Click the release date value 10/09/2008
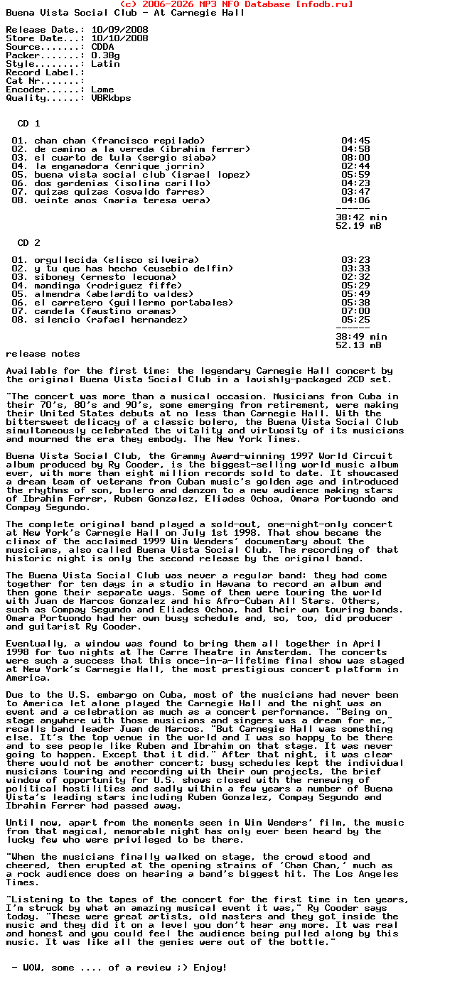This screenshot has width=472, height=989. click(x=119, y=30)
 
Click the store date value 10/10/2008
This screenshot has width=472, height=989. click(x=119, y=38)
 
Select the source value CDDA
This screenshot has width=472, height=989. click(x=102, y=47)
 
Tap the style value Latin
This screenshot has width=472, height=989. click(x=105, y=64)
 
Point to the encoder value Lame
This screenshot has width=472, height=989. click(x=102, y=90)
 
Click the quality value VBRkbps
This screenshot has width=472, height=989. click(x=111, y=98)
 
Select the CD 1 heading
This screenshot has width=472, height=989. click(x=28, y=124)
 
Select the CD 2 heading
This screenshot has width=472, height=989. click(x=28, y=243)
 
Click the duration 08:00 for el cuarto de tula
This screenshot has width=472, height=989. click(x=355, y=158)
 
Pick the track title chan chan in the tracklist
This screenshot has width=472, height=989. click(x=60, y=141)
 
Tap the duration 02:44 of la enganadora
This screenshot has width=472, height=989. click(x=355, y=166)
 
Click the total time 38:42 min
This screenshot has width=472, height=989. click(x=361, y=217)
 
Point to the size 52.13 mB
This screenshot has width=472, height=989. click(x=358, y=345)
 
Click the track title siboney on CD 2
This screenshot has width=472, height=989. click(x=54, y=277)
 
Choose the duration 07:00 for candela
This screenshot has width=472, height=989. click(x=355, y=311)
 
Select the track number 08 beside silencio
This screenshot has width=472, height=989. click(x=20, y=320)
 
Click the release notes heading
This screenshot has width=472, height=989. click(x=43, y=354)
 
